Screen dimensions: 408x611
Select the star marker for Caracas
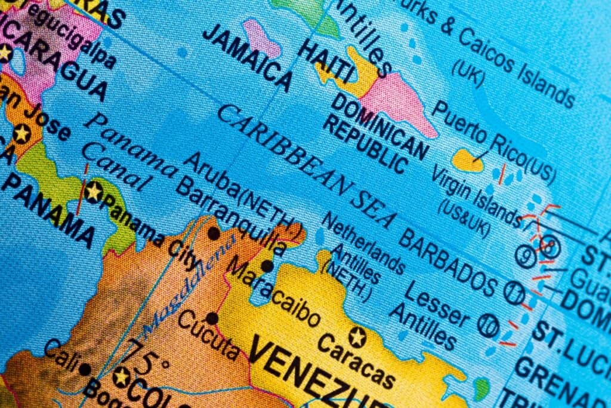point(357,338)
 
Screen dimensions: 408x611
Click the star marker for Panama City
point(94,192)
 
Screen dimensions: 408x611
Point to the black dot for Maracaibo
point(267,266)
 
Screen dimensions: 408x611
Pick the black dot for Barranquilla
point(213,234)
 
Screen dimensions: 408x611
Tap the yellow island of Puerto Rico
point(467,160)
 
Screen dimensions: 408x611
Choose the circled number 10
point(488,326)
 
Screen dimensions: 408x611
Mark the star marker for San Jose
point(22,133)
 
